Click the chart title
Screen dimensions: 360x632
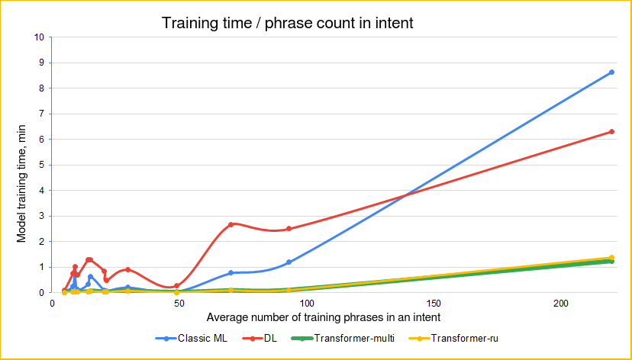coord(287,23)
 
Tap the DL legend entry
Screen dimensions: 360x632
coord(269,338)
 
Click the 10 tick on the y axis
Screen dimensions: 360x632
coord(39,37)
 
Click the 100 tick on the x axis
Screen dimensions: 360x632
coord(306,303)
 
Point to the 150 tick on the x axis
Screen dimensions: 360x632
coord(434,303)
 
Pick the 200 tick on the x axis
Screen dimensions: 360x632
coord(560,303)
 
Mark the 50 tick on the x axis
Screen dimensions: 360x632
coord(179,303)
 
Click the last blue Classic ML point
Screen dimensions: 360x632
coord(611,72)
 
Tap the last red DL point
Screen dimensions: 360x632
coord(611,132)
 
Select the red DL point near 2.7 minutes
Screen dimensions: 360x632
coord(231,224)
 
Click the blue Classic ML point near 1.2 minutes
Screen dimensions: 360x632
coord(289,262)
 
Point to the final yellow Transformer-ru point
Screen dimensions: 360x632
coord(611,258)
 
